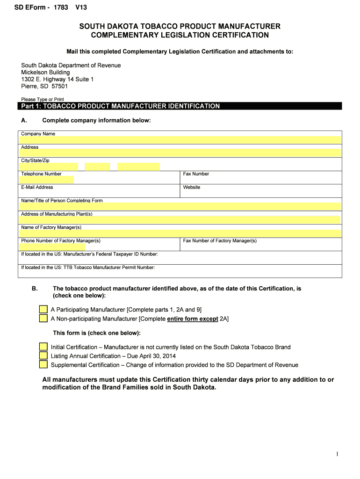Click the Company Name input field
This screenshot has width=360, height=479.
tap(180, 140)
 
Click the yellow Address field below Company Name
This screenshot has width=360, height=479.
tap(180, 153)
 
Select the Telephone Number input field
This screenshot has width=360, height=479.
tap(47, 180)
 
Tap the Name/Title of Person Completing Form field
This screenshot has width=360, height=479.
tap(180, 207)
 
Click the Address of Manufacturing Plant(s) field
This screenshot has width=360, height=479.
tap(180, 220)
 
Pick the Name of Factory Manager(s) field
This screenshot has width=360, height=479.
tap(180, 233)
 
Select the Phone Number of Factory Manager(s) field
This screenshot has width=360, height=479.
tap(53, 247)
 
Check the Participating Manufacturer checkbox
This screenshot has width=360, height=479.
tap(43, 310)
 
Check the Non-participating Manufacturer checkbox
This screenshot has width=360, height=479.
tap(43, 319)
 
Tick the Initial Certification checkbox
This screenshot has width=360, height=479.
tap(43, 347)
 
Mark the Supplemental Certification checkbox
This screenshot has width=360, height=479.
tap(43, 365)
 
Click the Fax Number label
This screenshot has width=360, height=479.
tap(196, 174)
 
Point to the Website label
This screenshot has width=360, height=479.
tap(192, 187)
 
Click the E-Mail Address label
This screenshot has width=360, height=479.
tap(37, 187)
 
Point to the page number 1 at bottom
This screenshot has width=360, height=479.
tap(337, 454)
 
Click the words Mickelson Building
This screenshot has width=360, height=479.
tap(45, 73)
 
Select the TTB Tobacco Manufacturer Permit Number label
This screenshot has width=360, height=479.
tap(88, 268)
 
